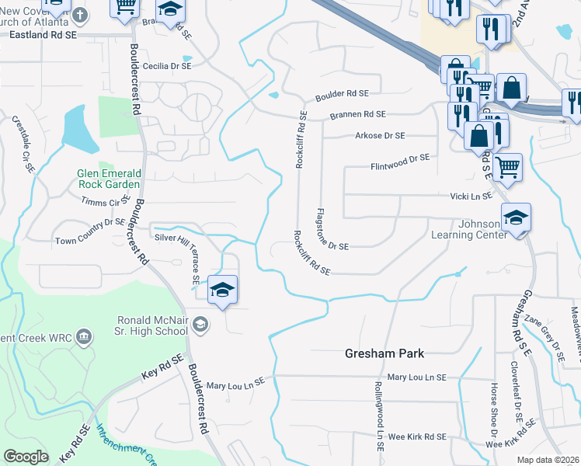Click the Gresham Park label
point(384,353)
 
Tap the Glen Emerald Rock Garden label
point(109,179)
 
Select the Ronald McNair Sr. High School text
point(151,325)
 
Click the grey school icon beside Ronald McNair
point(200,324)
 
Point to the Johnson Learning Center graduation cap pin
point(516,218)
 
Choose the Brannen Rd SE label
point(357,115)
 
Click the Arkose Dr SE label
point(380,135)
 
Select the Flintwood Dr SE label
point(400,158)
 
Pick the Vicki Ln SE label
point(470,196)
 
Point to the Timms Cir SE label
point(106,201)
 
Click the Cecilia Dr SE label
point(165,67)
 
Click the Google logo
point(26,457)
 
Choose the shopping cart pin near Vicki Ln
point(507,166)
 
